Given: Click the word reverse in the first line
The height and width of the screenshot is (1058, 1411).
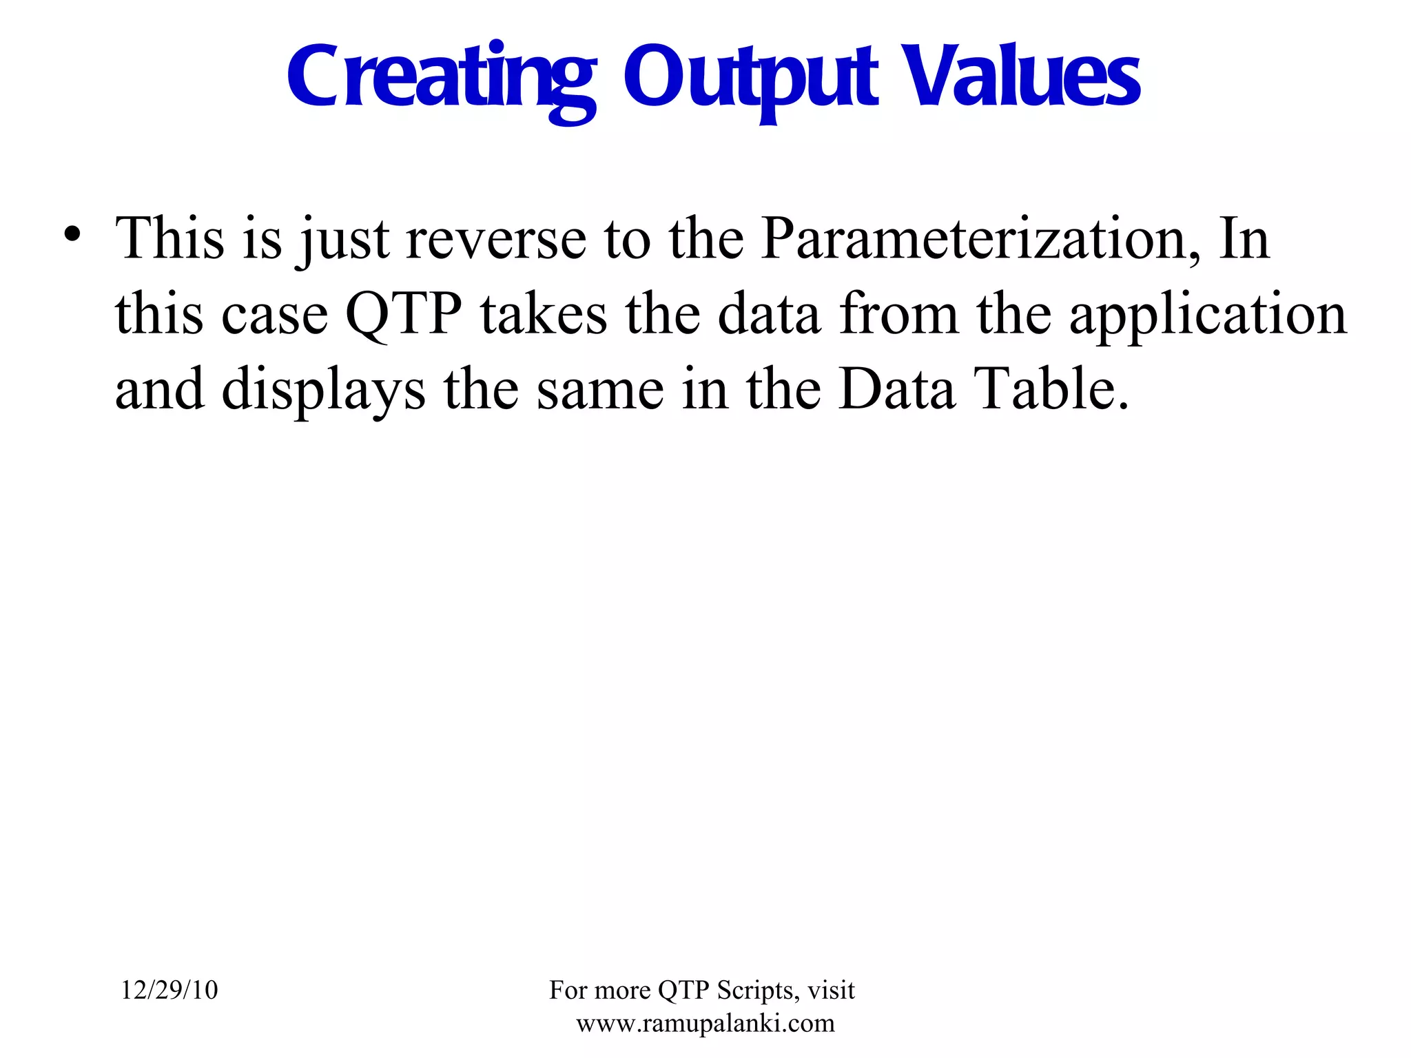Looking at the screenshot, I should [496, 240].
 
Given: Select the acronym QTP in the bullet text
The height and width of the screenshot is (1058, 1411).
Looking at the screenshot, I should [403, 315].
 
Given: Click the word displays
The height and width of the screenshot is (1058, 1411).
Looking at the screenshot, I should [323, 391].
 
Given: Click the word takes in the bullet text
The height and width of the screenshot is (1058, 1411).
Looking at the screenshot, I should [544, 315].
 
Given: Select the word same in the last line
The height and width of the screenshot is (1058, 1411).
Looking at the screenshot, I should [600, 391].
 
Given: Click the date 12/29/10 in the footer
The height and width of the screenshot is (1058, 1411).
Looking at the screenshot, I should [169, 990].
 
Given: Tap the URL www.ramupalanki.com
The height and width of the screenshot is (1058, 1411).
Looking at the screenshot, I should [705, 1023].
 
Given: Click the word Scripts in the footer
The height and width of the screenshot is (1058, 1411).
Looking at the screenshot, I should [758, 990].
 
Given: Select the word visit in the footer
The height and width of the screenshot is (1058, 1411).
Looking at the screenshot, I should [831, 990].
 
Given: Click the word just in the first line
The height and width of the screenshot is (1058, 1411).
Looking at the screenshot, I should [344, 240].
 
